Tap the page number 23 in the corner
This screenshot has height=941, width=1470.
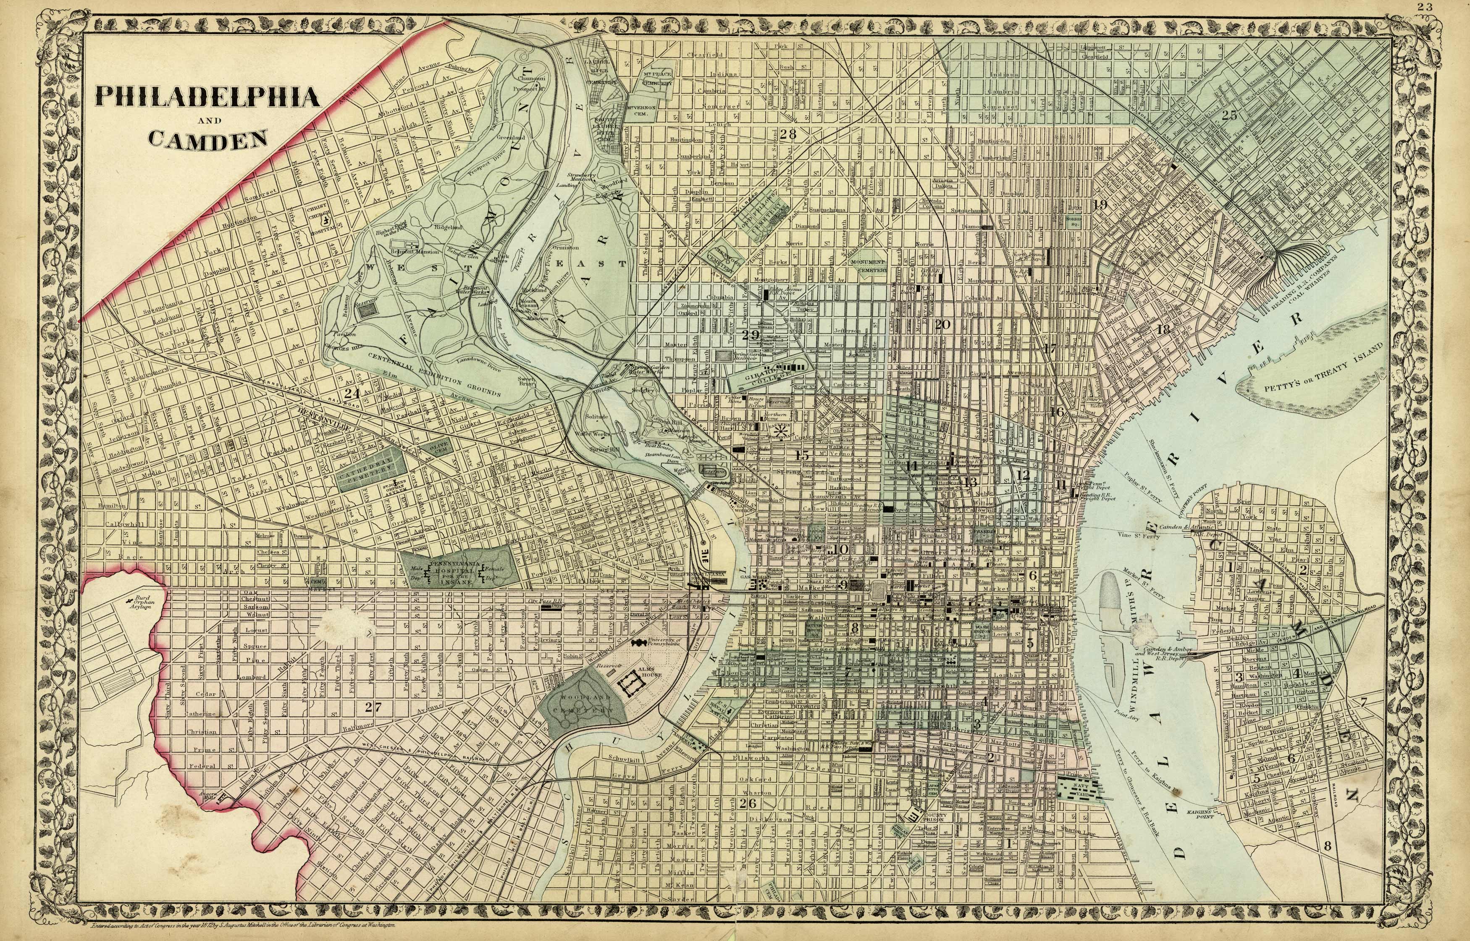[x=1456, y=7]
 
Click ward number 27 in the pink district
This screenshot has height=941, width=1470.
[x=373, y=707]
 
